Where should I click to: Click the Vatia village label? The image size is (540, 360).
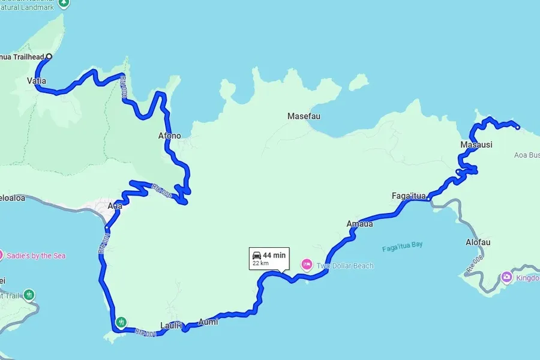37,80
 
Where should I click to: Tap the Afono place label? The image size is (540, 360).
169,136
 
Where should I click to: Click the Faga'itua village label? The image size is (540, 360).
408,196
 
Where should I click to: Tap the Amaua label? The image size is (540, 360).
359,224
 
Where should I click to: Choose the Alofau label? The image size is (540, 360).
478,242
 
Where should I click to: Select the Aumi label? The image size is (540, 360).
208,322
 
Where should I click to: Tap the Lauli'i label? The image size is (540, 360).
171,326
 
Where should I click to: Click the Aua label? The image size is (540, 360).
115,206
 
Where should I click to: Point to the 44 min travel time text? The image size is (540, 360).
275,255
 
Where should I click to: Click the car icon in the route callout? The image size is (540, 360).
257,255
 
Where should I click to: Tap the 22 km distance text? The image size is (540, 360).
260,263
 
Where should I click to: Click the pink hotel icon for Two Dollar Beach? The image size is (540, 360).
307,264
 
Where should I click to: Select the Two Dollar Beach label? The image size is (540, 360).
345,266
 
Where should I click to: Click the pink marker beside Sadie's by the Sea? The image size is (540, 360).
1,255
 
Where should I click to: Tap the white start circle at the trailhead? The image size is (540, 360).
49,57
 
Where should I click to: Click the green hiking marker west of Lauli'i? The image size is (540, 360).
122,322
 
